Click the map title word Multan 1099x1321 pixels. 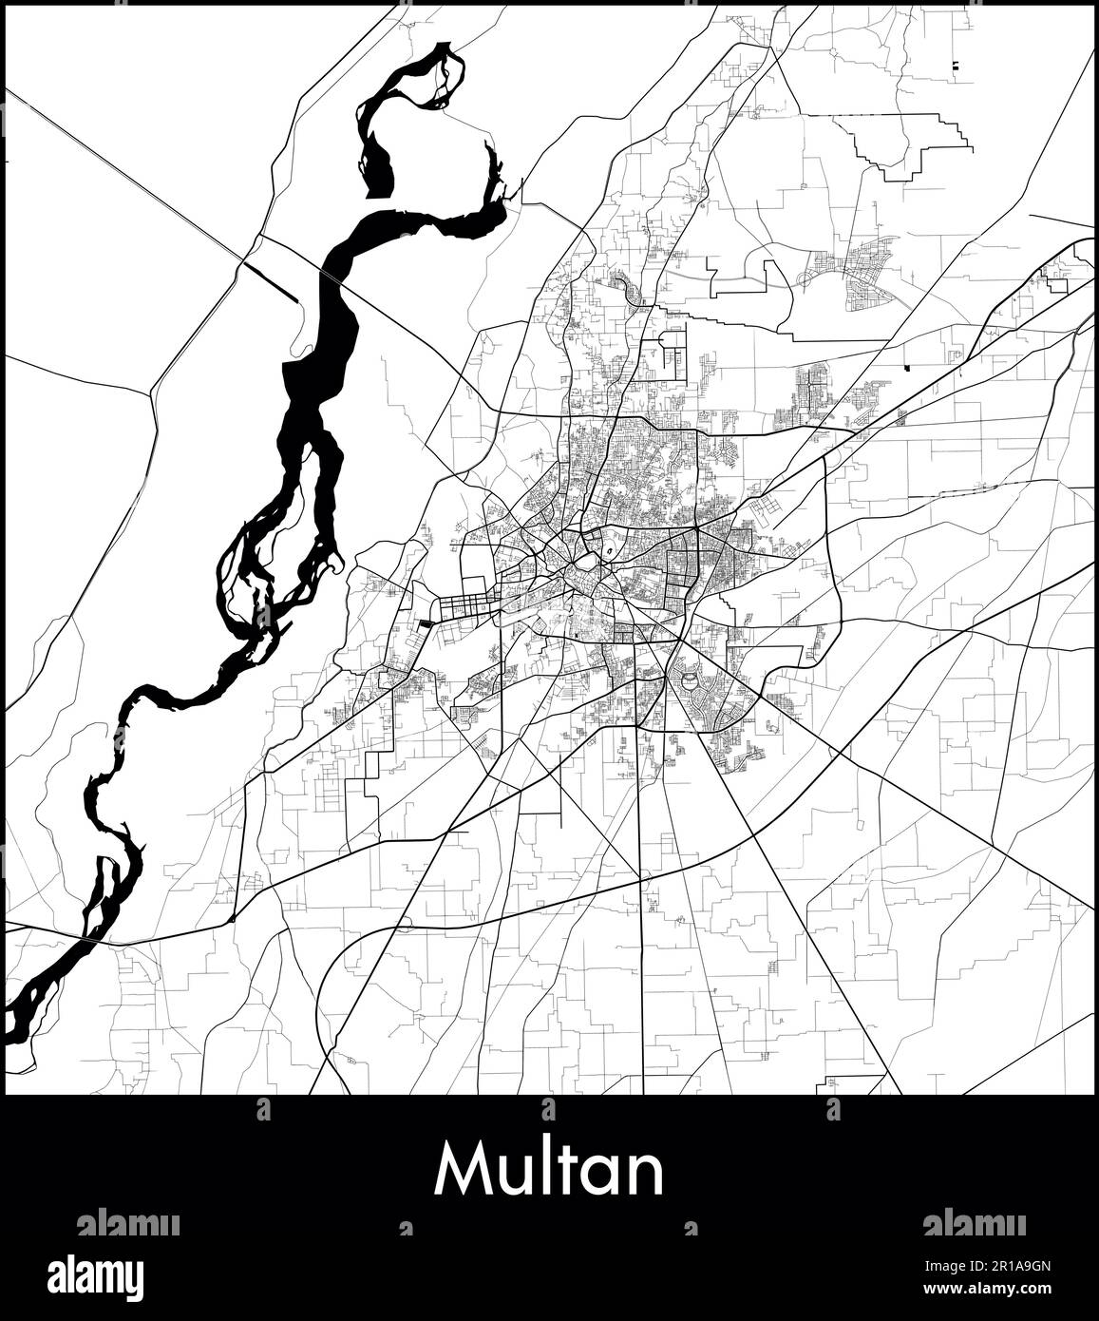coord(549,1171)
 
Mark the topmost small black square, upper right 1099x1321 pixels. coord(955,66)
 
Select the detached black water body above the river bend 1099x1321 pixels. coord(381,171)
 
